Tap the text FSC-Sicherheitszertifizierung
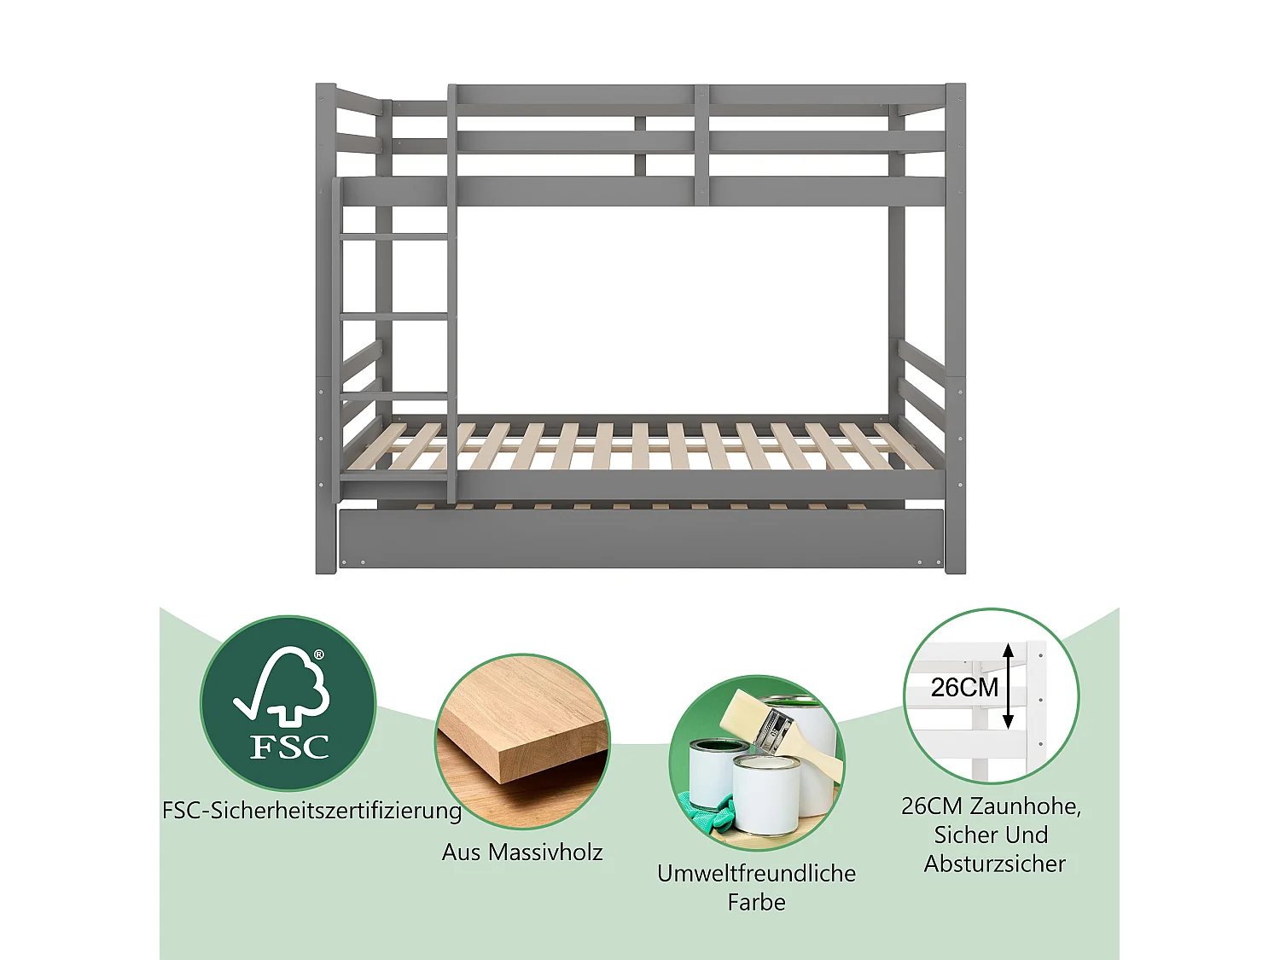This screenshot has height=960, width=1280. [x=311, y=810]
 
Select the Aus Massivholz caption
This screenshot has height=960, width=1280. [x=522, y=852]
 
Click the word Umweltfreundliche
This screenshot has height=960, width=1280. [x=756, y=873]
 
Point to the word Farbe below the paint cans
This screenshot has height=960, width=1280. [x=756, y=902]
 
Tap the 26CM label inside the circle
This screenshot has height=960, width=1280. [x=964, y=687]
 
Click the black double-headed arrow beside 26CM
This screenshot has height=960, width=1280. [x=1008, y=686]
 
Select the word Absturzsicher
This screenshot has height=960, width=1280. [x=994, y=864]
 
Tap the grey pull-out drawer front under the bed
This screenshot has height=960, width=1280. [x=640, y=538]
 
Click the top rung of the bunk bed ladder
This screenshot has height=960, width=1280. [x=394, y=236]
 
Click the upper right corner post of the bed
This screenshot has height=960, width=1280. [x=955, y=128]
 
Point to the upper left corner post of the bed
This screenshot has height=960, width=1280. [x=325, y=128]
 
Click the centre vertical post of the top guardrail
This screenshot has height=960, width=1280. [x=701, y=143]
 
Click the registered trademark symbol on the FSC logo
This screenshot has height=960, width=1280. [x=319, y=655]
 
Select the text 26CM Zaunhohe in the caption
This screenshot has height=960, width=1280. [x=990, y=806]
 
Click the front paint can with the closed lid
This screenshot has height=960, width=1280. [x=765, y=794]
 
